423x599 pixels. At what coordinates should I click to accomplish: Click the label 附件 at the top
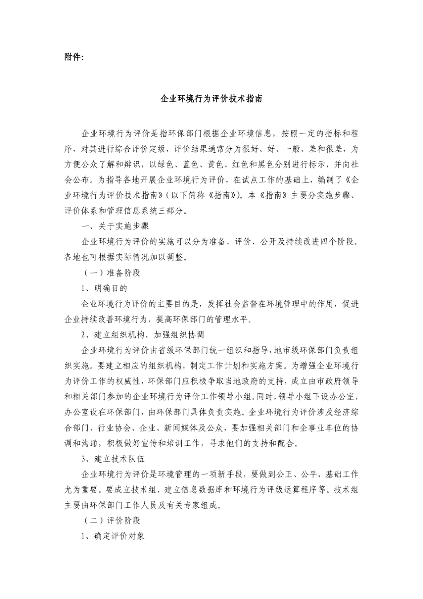pos(73,57)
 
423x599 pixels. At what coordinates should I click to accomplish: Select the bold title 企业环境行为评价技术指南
pos(211,98)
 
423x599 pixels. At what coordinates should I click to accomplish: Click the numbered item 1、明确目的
pos(105,289)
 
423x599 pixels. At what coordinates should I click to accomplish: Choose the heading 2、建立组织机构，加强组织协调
pos(142,334)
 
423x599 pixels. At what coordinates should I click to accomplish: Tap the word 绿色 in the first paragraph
pos(166,164)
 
